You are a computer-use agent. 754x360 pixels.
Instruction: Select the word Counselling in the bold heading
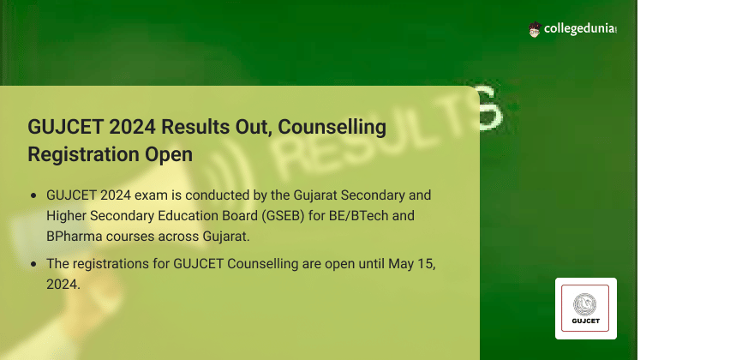[x=332, y=127]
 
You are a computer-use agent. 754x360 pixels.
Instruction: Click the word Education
[x=190, y=216]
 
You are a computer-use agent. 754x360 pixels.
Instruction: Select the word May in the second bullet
[x=400, y=264]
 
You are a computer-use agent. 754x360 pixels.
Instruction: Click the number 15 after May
[x=424, y=264]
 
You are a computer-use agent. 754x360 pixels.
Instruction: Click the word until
[x=371, y=264]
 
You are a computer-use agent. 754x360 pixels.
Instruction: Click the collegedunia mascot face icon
[x=535, y=29]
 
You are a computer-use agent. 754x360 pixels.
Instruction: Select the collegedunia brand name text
[x=580, y=29]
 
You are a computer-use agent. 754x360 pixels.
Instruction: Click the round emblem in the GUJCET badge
[x=584, y=304]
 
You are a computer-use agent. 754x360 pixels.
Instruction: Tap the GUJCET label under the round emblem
[x=586, y=321]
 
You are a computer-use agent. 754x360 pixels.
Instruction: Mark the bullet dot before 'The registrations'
[x=33, y=264]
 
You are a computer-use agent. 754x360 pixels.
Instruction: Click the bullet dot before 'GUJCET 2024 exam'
[x=33, y=195]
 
